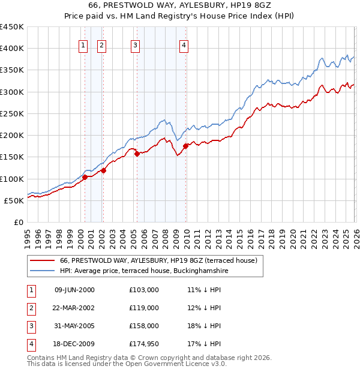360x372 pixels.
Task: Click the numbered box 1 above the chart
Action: pos(82,44)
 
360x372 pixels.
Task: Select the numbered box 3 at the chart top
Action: pos(135,44)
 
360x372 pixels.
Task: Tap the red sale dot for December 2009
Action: pos(185,146)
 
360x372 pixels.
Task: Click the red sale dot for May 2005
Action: pos(137,154)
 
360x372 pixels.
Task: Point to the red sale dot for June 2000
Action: pos(85,177)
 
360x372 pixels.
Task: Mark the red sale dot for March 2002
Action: pos(103,170)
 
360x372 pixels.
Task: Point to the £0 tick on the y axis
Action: pos(19,222)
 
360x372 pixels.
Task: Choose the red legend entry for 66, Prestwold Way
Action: pos(158,260)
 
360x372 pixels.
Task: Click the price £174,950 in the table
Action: pos(144,344)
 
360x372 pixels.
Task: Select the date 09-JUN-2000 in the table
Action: pos(74,290)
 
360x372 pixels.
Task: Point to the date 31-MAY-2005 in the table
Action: pos(74,326)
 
